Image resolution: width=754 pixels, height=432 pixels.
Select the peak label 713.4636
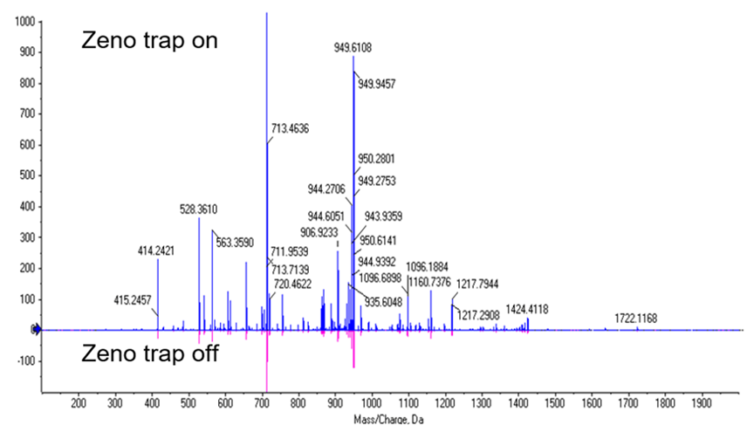pos(296,129)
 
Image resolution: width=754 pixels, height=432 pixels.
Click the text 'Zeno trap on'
pos(149,40)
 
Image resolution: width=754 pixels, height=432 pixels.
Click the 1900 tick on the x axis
pos(703,404)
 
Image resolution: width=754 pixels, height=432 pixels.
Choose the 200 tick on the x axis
pos(78,404)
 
